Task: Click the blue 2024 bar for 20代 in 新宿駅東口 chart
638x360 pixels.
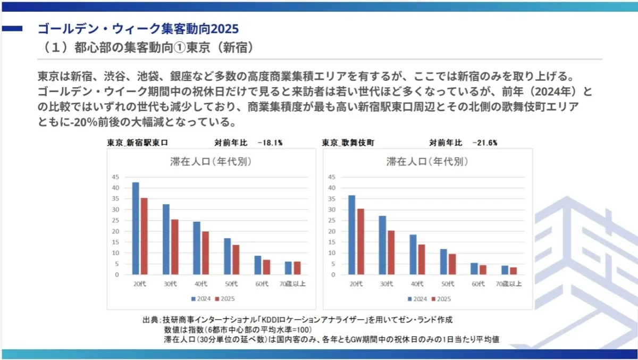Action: coord(136,229)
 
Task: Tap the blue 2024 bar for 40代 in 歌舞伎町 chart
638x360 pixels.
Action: coord(413,255)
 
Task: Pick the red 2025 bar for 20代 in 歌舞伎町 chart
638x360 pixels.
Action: coord(360,241)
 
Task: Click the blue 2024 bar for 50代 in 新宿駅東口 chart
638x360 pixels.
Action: coord(227,256)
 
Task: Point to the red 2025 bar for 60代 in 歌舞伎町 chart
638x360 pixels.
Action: coord(482,270)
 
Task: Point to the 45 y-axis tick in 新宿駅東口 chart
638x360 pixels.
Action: coord(115,177)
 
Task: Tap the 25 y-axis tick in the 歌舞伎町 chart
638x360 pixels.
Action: coord(332,221)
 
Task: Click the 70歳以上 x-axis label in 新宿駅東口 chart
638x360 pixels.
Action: coord(293,283)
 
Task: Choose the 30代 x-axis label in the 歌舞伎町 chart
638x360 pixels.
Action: coord(386,283)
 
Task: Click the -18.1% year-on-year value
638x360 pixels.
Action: coord(270,143)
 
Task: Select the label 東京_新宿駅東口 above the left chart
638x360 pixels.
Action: coord(138,143)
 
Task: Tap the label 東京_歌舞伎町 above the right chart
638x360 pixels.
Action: coord(348,143)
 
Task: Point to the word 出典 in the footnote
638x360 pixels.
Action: coord(149,320)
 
